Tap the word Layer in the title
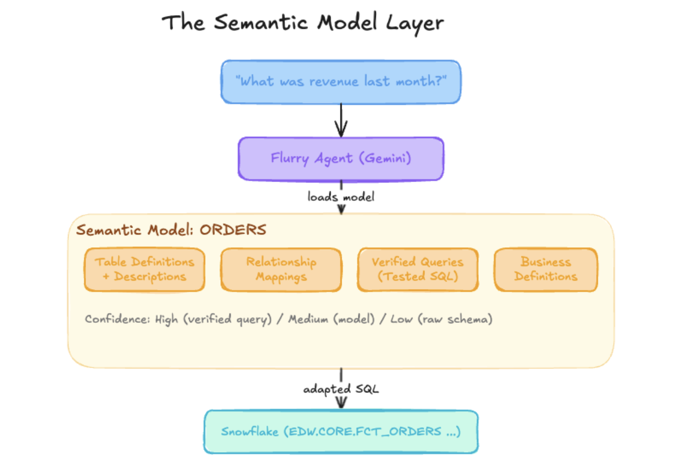(x=416, y=23)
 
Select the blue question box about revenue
(x=341, y=82)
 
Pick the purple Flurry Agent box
(x=341, y=158)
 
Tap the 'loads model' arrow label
(x=341, y=197)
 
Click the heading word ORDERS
(x=233, y=230)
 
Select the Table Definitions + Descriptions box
(x=144, y=270)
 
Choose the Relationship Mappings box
(x=281, y=270)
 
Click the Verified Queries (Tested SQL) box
(x=417, y=270)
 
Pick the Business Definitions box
(x=546, y=270)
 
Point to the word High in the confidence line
(x=166, y=319)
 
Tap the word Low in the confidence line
(x=402, y=319)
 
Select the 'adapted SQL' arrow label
(x=341, y=390)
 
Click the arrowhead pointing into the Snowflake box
(x=341, y=403)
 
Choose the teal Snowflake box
(x=341, y=432)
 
